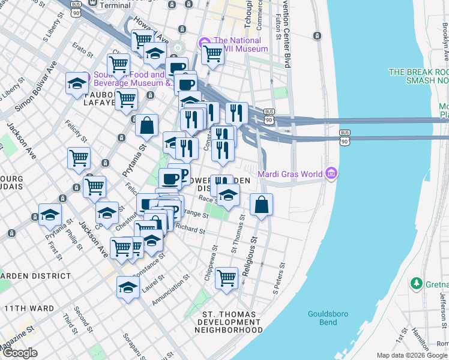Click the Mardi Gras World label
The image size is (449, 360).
[x=291, y=175]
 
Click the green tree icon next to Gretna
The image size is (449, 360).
[x=415, y=282]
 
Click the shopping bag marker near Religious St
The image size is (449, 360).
[x=261, y=205]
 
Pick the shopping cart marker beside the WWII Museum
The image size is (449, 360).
[x=212, y=53]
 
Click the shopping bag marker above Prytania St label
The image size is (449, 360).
[x=146, y=126]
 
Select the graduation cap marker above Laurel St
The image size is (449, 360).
[x=128, y=287]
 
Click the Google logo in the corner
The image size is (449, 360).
[x=20, y=353]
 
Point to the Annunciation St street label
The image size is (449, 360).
[x=170, y=290]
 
